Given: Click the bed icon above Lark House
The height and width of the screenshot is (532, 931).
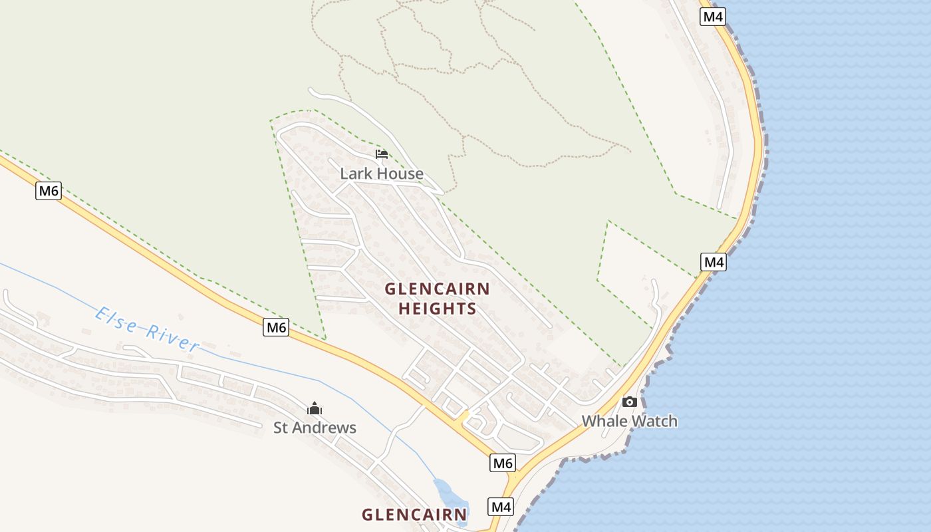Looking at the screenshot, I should coord(382,154).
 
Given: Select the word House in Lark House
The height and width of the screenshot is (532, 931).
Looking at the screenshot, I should coord(398,174).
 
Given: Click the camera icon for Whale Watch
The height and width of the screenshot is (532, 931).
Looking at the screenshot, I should coord(629,402).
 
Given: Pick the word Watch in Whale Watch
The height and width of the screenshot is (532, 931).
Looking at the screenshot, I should coord(654,421).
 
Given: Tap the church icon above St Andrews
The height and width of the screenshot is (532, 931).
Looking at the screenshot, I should coord(315,408).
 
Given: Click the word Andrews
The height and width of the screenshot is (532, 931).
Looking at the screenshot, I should coord(327,428).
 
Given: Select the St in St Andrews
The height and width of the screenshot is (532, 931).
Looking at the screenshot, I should coord(281,428).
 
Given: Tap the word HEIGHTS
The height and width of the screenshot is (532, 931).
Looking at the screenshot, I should coord(438,309).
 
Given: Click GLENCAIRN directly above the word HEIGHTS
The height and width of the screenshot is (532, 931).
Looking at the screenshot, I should coord(438,289).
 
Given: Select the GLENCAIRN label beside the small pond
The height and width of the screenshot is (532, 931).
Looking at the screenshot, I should coord(414,514).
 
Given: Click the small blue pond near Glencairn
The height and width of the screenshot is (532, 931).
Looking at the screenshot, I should coord(450,495).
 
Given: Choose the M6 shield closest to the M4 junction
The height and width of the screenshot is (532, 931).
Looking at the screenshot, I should coord(503,463).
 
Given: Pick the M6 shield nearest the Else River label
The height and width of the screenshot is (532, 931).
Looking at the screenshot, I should coord(276,327).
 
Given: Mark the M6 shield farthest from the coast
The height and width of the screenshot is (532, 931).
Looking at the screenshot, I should coord(49,192).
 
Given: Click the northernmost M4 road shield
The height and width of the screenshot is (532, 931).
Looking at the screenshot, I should coord(712,17).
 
